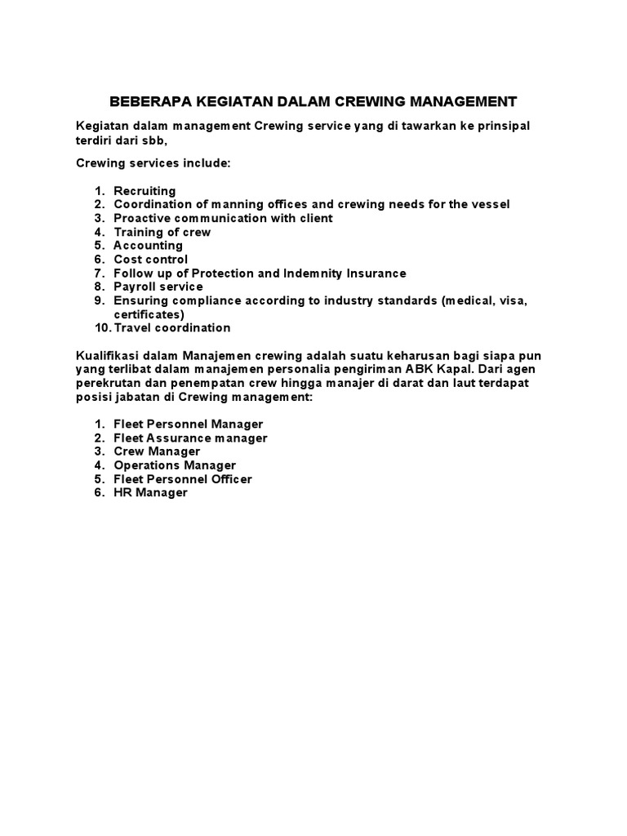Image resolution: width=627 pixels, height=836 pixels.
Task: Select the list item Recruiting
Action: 145,191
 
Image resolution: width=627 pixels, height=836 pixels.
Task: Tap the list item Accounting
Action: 148,246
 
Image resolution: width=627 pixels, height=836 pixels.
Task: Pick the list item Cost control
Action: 150,260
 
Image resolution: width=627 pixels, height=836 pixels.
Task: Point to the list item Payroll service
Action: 158,287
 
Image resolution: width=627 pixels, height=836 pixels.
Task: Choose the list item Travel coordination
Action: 172,328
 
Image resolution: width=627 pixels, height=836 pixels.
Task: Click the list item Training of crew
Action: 162,232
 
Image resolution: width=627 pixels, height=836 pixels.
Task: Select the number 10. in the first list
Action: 102,328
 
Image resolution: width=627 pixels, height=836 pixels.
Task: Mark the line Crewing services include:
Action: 153,164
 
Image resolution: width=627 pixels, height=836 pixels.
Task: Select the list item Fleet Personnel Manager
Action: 189,425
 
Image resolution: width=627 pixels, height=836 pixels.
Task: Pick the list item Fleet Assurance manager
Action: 190,438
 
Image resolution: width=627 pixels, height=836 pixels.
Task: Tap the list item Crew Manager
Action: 157,451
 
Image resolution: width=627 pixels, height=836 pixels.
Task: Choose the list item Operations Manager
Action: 175,465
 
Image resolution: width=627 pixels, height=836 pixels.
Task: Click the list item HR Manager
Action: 150,493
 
